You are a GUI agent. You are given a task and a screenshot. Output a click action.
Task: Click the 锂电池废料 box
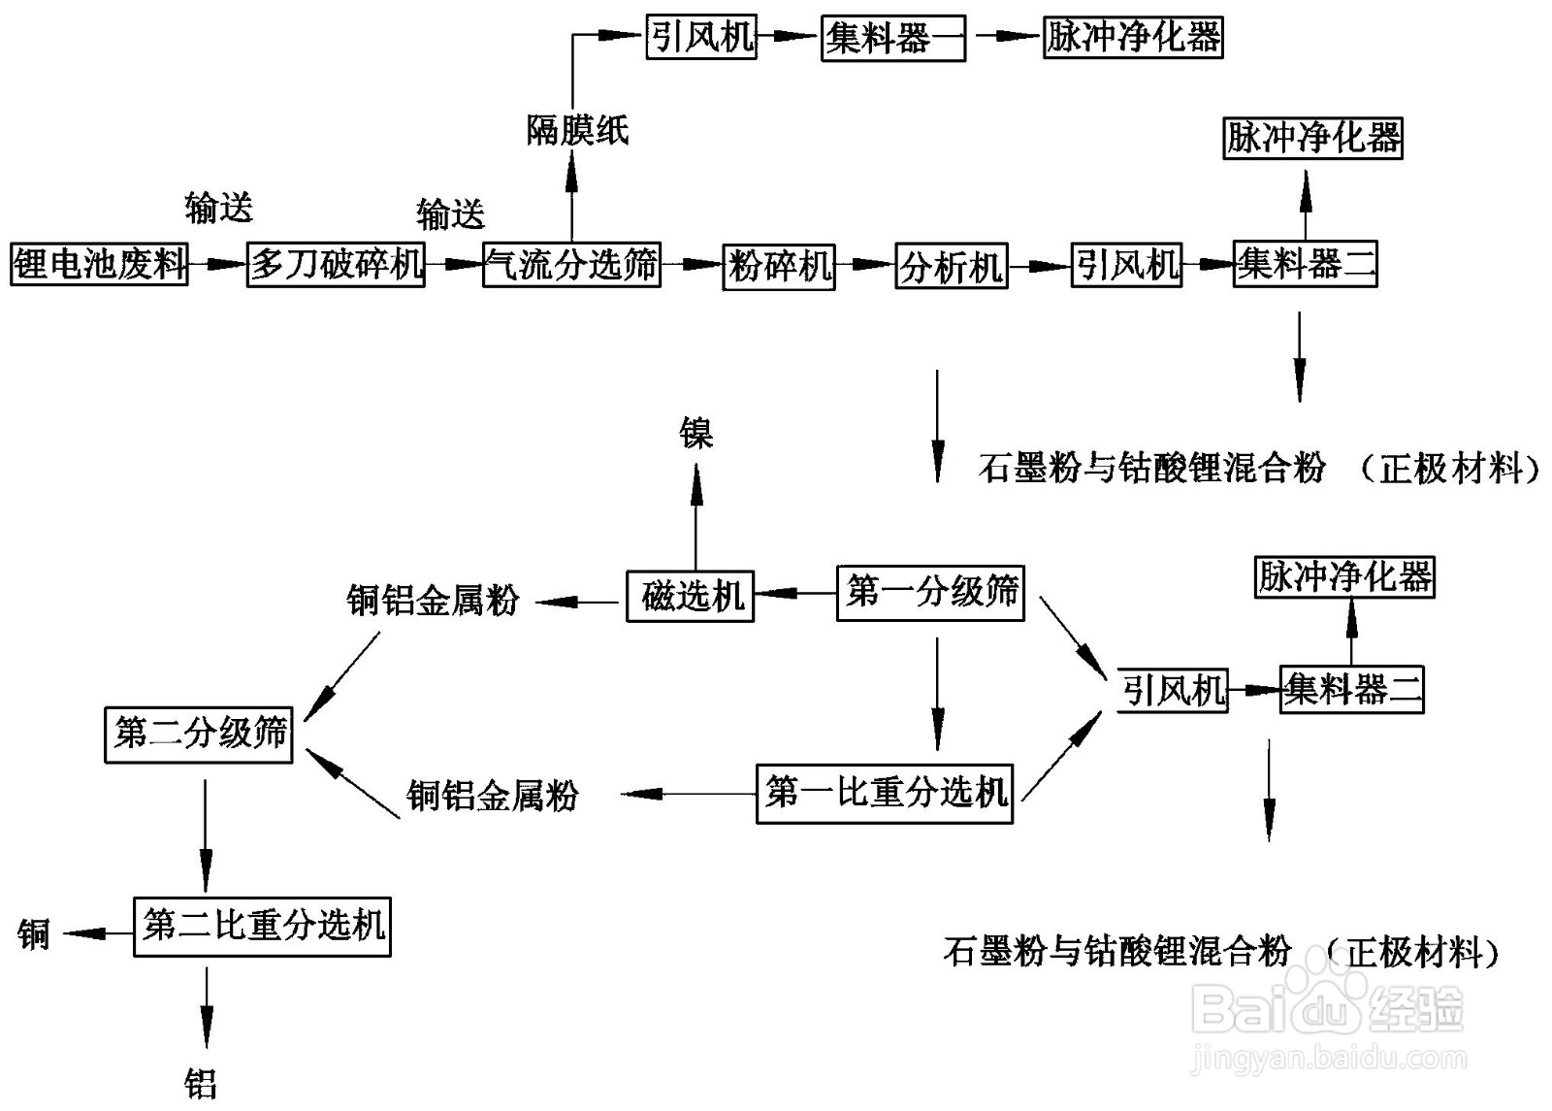99,264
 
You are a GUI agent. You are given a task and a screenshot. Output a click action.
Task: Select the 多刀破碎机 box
336,264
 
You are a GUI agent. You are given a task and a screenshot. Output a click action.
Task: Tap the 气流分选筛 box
571,265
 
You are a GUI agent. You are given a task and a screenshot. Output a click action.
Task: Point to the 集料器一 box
892,39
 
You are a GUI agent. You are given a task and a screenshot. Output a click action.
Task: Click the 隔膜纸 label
577,130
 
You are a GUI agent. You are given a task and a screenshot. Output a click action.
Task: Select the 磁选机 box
690,595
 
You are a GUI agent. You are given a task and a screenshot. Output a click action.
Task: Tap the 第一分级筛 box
930,592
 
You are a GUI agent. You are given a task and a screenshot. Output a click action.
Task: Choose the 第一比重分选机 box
884,794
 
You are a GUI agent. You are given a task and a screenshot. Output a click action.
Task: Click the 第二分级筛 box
199,734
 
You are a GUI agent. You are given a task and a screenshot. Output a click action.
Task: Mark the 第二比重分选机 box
262,927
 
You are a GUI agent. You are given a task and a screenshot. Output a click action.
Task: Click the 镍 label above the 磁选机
695,434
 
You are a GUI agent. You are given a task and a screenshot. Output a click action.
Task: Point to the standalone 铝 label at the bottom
201,1083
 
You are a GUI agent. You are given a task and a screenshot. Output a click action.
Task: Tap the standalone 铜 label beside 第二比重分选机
33,933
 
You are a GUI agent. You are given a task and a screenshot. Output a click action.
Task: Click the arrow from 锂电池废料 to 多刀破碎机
216,264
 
